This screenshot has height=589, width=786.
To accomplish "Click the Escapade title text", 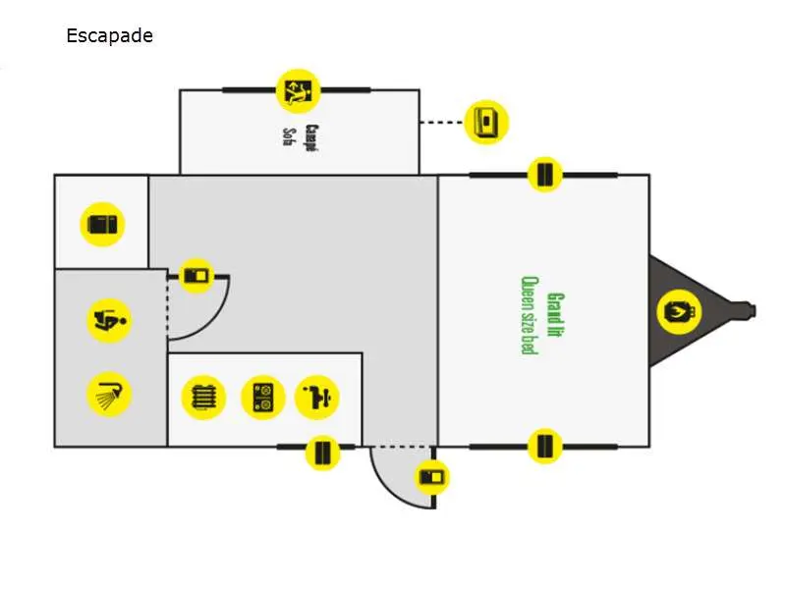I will pos(109,37).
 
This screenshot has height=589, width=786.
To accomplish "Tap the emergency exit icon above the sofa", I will pos(298,90).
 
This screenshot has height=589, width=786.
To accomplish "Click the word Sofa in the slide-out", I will pos(289,134).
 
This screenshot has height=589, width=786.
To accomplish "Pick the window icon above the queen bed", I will pos(544,176).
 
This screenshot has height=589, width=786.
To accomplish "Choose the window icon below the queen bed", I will pos(544,447).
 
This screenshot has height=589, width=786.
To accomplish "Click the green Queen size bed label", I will pos(528,314).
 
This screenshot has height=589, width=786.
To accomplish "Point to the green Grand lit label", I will pos(555,314).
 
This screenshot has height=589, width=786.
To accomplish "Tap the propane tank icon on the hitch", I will pos(679,312).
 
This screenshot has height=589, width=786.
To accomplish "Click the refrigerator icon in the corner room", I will pos(102,225).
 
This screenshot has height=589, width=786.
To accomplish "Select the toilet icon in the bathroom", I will pos(110,319).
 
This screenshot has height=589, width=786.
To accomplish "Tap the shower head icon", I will pos(109,395).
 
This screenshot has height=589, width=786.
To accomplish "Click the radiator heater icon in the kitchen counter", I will pos(204,398).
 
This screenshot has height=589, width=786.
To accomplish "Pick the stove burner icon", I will pos(262,398).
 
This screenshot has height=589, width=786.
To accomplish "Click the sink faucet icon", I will pos(318,398).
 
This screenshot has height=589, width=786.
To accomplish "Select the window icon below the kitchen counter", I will pos(321,453).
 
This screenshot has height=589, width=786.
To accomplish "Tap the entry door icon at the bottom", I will pos(431,478).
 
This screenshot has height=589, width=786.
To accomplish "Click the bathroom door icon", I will pos(197,276).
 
